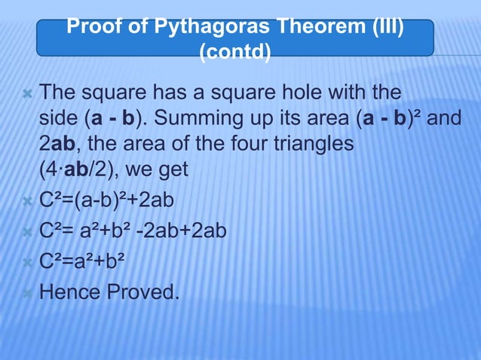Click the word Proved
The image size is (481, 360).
(148, 291)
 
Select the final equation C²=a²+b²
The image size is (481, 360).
(81, 261)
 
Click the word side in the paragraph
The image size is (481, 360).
(56, 120)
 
